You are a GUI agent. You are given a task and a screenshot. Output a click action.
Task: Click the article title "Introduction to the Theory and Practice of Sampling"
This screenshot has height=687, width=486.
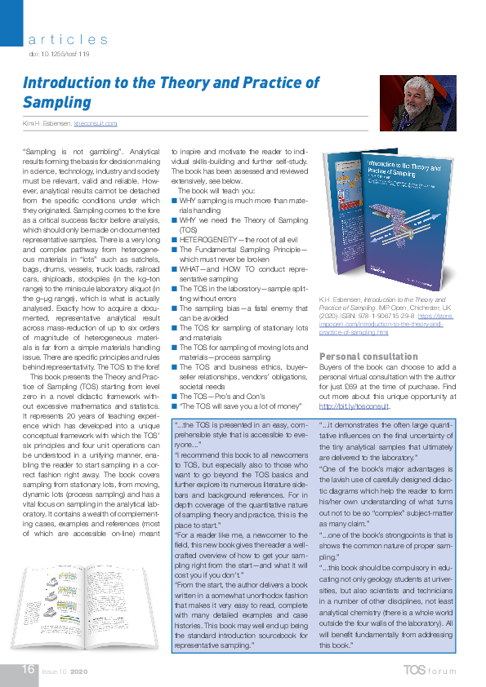[x=172, y=92]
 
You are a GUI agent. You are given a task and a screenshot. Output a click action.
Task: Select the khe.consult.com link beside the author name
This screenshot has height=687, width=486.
[x=96, y=123]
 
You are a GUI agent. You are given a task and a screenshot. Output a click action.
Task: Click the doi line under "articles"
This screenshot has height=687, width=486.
[x=59, y=53]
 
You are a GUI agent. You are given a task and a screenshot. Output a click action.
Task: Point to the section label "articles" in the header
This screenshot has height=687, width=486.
[x=68, y=38]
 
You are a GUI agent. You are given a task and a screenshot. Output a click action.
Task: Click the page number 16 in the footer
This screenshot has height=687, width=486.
[x=28, y=670]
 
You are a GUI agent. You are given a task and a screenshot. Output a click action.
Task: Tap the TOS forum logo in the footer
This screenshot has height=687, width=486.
[x=433, y=671]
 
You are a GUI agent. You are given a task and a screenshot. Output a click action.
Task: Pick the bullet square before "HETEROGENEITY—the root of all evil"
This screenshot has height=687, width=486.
[x=175, y=241]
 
